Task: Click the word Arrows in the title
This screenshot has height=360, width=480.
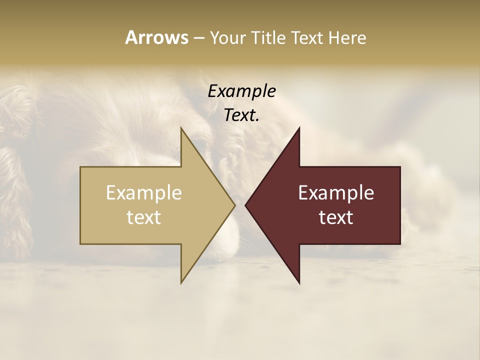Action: [156, 37]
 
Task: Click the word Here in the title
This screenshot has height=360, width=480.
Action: [347, 38]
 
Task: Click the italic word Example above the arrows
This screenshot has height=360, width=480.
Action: [241, 91]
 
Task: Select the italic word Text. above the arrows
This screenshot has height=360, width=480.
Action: [241, 115]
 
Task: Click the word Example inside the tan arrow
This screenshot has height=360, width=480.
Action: [144, 193]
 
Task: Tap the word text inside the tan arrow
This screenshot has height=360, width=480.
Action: [144, 217]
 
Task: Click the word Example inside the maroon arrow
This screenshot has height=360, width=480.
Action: [336, 193]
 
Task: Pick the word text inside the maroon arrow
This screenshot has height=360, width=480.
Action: [336, 217]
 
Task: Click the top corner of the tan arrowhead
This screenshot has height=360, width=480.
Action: [181, 128]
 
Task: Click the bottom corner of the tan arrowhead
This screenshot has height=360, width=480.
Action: [181, 282]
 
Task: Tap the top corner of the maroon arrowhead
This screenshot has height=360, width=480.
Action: [299, 128]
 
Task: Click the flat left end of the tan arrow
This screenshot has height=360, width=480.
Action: [81, 205]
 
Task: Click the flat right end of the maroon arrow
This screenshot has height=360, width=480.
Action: [399, 205]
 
